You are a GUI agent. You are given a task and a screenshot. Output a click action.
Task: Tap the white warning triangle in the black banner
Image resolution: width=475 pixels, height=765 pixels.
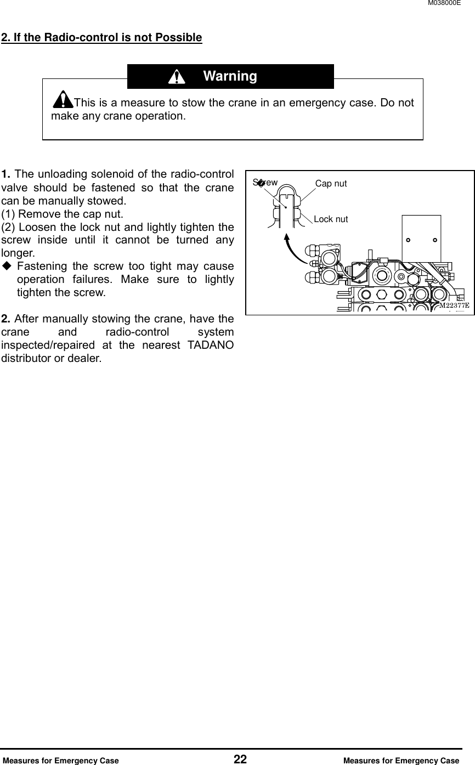click(x=176, y=77)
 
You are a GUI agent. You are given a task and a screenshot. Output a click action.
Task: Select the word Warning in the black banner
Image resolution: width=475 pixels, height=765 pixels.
click(x=230, y=76)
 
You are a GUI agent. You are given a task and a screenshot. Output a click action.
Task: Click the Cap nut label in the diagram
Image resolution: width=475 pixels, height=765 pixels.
click(x=331, y=184)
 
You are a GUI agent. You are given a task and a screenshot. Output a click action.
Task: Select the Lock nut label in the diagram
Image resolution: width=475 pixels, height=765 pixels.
click(x=331, y=219)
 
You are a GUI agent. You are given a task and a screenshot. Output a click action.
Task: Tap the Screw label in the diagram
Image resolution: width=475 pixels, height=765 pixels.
click(x=265, y=182)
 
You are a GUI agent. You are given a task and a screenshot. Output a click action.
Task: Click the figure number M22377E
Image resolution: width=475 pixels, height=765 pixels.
click(x=454, y=305)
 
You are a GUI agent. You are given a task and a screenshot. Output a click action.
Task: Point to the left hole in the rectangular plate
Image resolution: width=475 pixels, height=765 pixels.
click(x=409, y=240)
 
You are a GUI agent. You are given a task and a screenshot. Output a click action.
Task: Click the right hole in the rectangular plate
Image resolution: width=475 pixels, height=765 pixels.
click(x=434, y=240)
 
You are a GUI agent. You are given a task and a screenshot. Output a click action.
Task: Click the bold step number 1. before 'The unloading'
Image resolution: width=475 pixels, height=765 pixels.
click(x=7, y=175)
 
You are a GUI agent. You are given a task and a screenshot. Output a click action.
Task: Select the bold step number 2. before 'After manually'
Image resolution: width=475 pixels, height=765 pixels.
click(x=7, y=319)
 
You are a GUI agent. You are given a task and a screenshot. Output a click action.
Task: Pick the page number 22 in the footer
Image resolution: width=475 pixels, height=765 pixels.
click(x=240, y=760)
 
